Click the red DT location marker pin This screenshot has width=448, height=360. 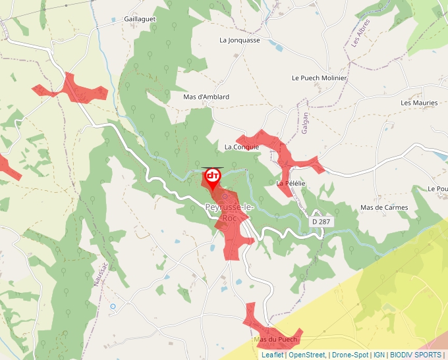click(213, 177)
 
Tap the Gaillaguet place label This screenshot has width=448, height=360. click(140, 19)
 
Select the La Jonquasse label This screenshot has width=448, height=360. click(240, 40)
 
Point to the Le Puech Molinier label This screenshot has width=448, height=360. click(319, 78)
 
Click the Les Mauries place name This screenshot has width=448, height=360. click(419, 103)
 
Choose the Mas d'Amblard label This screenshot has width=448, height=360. click(206, 97)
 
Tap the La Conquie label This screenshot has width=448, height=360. click(242, 147)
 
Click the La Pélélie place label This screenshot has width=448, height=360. click(291, 183)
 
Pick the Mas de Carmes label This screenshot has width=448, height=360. click(384, 207)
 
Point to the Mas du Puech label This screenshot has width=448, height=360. click(275, 340)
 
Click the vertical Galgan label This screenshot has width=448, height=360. click(305, 123)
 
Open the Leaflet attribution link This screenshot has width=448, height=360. click(272, 355)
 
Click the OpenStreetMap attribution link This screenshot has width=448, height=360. click(307, 355)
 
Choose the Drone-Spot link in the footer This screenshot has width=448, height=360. click(350, 355)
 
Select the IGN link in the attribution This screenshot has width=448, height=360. click(379, 355)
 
